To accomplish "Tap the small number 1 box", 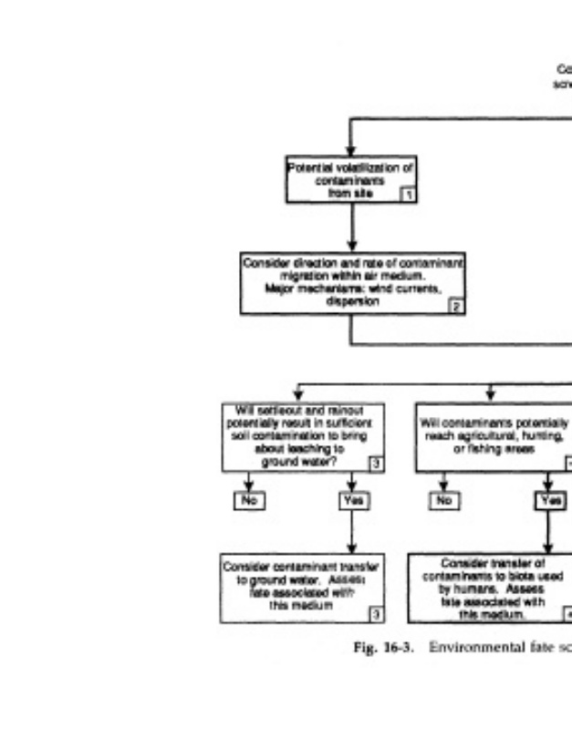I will click(409, 193).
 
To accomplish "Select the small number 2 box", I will click(456, 308).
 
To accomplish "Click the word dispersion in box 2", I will click(351, 300).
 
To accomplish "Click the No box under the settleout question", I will click(246, 500).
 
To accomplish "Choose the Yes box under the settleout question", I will click(352, 500).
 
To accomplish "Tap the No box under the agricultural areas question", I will click(443, 500).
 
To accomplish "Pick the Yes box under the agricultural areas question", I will click(549, 500).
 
